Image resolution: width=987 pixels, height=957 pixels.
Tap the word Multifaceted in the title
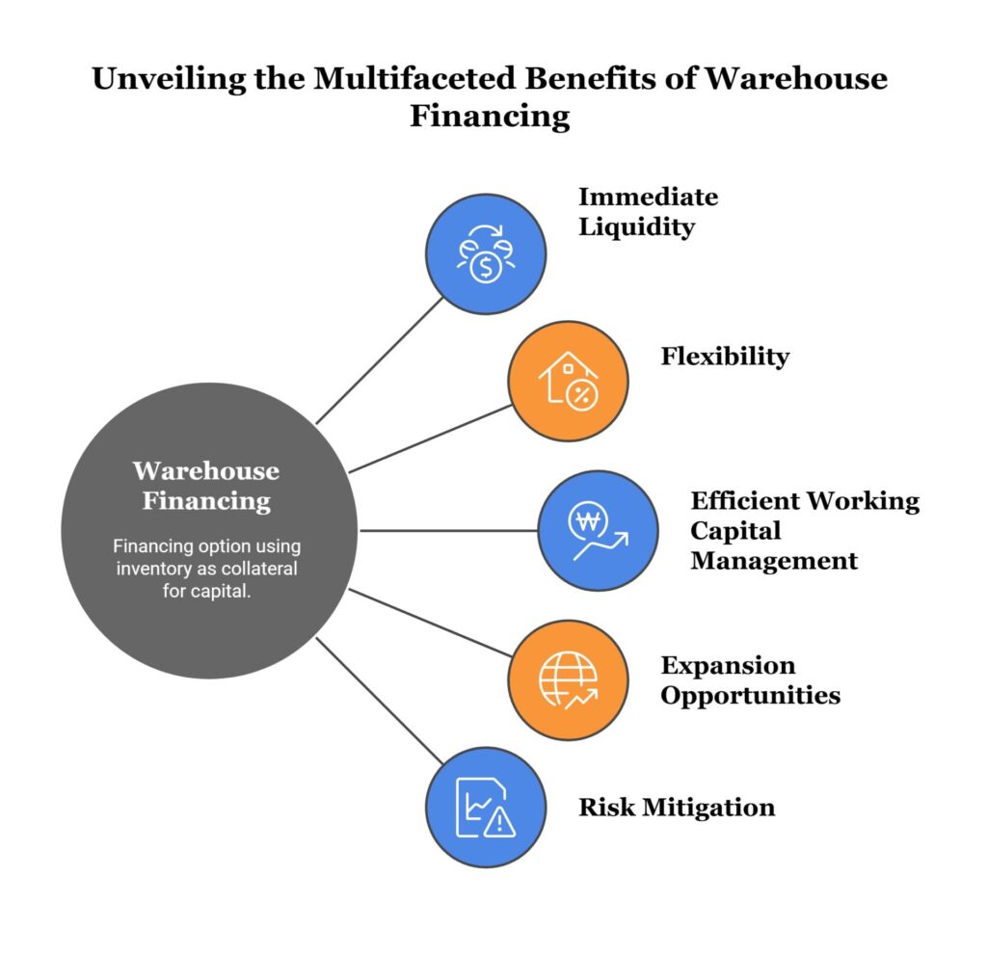(x=387, y=79)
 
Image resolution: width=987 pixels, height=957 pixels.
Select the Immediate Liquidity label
(x=648, y=212)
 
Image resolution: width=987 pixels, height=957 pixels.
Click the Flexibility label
(x=724, y=357)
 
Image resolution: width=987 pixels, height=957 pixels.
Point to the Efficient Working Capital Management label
(x=805, y=530)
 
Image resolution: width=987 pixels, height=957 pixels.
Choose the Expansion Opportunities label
(x=750, y=679)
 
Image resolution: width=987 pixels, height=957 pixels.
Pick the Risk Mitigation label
(x=676, y=807)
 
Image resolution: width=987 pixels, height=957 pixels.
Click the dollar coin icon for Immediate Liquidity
(x=486, y=254)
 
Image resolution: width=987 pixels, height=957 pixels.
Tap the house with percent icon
(x=568, y=382)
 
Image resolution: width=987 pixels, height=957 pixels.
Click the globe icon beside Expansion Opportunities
(x=568, y=680)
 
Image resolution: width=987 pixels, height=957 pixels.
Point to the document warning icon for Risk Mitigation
(x=486, y=808)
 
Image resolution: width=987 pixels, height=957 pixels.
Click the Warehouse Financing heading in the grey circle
(x=205, y=486)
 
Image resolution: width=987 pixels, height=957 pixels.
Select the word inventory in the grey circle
(x=149, y=569)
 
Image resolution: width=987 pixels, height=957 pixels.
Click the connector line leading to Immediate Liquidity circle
(x=381, y=359)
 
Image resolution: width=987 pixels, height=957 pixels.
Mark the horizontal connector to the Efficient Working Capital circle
(x=448, y=530)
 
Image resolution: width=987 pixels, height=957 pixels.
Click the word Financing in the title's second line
(x=490, y=117)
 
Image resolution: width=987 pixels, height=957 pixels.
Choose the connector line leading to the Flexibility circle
(x=430, y=439)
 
